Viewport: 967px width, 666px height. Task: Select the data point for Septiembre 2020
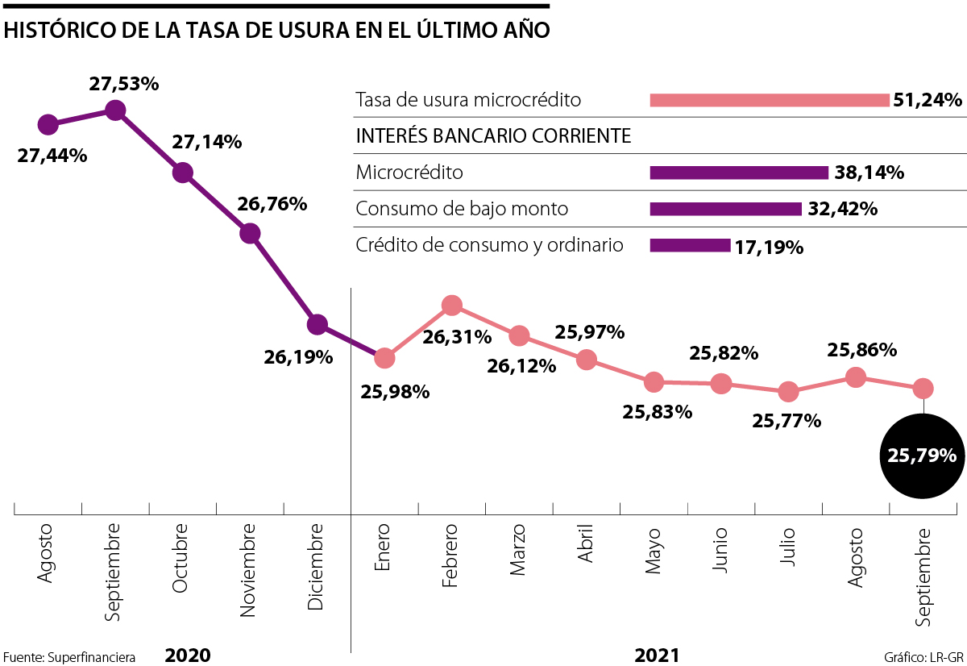coord(115,110)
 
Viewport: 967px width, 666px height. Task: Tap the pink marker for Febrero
coord(452,305)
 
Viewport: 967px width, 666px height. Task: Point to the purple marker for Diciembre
coord(317,325)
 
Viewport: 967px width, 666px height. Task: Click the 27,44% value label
coord(52,156)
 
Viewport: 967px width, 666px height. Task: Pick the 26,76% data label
coord(272,204)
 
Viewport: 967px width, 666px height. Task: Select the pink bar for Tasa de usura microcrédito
coord(769,101)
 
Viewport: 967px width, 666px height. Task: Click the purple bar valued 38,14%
coord(738,173)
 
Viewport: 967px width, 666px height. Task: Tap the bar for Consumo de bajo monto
coord(725,209)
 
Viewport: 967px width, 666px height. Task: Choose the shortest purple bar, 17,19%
coord(690,245)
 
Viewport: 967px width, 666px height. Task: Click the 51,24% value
coord(928,101)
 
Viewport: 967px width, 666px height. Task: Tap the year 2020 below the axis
coord(188,655)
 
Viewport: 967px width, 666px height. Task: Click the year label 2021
coord(657,655)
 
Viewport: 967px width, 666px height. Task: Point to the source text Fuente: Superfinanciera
coord(69,656)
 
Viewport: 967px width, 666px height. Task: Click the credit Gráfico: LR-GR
coord(923,656)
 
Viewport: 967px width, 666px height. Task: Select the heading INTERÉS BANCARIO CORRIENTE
coord(493,136)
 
